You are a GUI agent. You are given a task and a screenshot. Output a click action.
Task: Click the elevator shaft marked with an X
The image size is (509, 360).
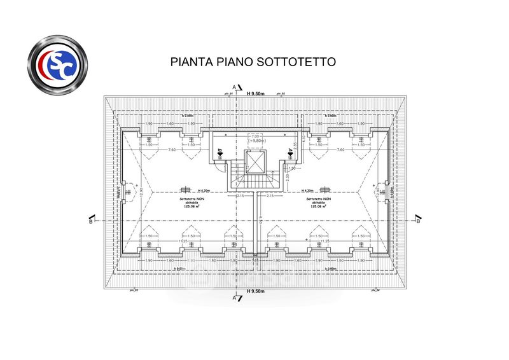click(x=255, y=163)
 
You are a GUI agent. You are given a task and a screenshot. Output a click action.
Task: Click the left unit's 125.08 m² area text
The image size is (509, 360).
click(x=188, y=206)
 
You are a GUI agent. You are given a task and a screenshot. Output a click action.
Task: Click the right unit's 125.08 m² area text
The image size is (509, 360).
click(x=320, y=206)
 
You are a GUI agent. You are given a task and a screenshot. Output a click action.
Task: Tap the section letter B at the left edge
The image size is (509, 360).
click(x=91, y=221)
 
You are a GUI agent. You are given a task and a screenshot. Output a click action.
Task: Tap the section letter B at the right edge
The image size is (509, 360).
click(x=418, y=221)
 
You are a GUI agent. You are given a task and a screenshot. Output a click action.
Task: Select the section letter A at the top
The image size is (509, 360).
click(x=234, y=87)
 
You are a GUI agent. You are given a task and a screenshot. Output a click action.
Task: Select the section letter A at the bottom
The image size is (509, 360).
click(x=234, y=297)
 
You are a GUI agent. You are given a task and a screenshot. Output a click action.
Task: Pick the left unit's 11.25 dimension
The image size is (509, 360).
click(x=183, y=241)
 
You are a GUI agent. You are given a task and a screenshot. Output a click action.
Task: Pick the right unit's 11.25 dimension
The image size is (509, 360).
click(x=325, y=241)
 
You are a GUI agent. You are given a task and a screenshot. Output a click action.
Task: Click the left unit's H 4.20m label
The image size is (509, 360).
click(x=204, y=191)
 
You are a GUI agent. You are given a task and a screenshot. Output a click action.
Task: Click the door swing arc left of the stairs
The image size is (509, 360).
click(x=219, y=167)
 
